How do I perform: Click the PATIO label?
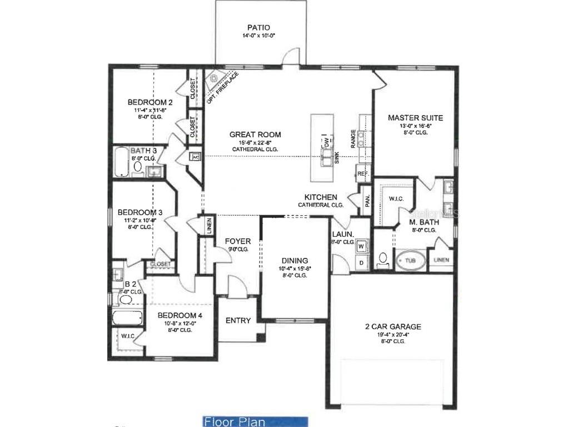pyautogui.click(x=259, y=28)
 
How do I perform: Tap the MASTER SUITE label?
pyautogui.click(x=415, y=118)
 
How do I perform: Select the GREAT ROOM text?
pyautogui.click(x=255, y=135)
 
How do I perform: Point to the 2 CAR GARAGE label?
pyautogui.click(x=393, y=327)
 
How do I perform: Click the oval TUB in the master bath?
pyautogui.click(x=410, y=260)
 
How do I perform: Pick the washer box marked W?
pyautogui.click(x=361, y=246)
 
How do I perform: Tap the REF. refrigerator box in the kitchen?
pyautogui.click(x=363, y=175)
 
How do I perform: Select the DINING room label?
pyautogui.click(x=295, y=261)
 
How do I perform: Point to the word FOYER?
pyautogui.click(x=237, y=241)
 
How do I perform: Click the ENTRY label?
pyautogui.click(x=238, y=320)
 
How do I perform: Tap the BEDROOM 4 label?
pyautogui.click(x=178, y=315)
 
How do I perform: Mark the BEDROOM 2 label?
pyautogui.click(x=150, y=102)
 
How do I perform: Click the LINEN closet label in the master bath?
pyautogui.click(x=442, y=260)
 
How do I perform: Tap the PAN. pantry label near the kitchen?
pyautogui.click(x=368, y=200)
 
